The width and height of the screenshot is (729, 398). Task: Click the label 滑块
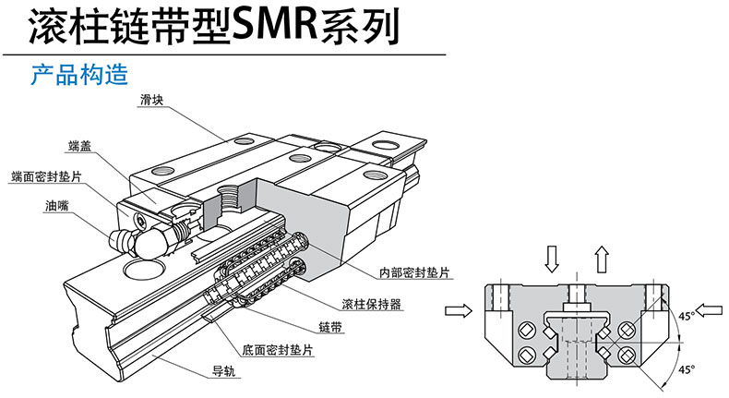[152, 100]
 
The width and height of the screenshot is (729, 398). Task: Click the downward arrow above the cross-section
[551, 258]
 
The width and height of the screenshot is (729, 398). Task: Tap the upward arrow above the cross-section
[601, 258]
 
